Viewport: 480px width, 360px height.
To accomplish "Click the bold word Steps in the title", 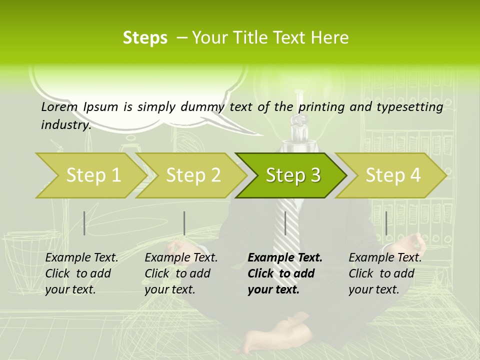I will click(145, 38).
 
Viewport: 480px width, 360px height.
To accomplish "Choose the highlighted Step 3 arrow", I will click(292, 175).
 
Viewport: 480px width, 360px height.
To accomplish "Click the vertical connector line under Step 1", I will click(84, 223).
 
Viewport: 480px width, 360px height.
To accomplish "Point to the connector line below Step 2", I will click(184, 223).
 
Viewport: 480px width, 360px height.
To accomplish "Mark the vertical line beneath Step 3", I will click(285, 223).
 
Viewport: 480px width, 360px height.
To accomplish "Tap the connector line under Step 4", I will click(386, 223).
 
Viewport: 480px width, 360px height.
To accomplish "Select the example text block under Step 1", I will click(81, 273).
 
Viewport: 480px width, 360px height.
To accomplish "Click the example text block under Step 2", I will click(181, 273).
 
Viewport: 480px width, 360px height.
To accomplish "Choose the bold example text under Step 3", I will click(285, 273).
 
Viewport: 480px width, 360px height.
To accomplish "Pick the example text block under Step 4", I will click(385, 273).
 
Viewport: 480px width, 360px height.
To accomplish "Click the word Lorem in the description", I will click(59, 106).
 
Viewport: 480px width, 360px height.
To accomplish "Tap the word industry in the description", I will click(65, 125).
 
